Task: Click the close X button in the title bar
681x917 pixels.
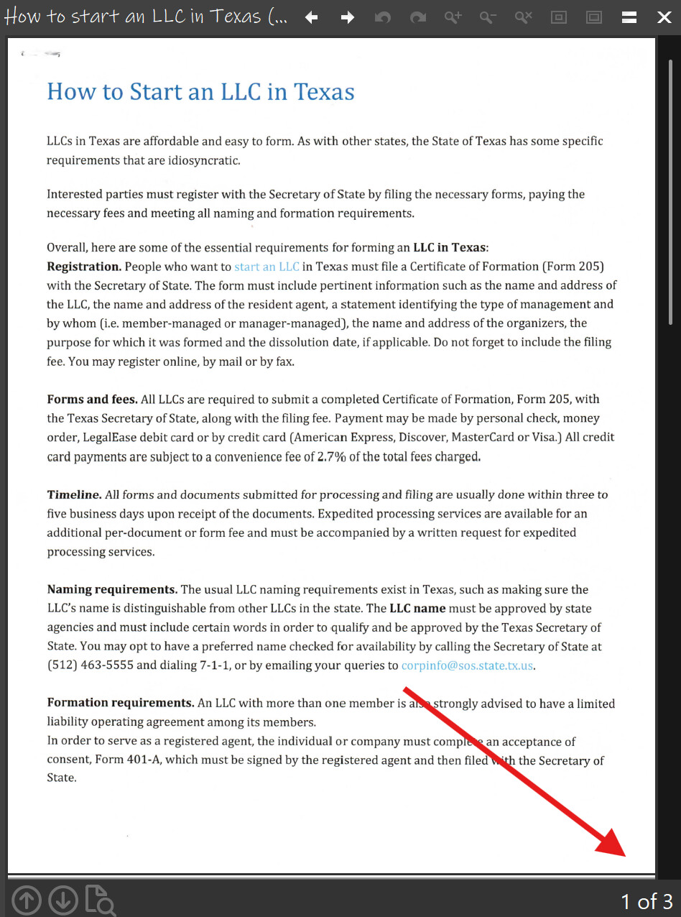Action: click(664, 17)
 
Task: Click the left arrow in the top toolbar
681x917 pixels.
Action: click(312, 17)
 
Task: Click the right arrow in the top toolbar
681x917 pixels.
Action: click(348, 17)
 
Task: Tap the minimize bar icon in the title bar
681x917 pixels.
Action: click(629, 17)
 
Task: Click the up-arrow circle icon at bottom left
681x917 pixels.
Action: click(27, 900)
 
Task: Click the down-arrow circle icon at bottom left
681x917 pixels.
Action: click(63, 900)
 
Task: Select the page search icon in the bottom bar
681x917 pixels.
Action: click(101, 900)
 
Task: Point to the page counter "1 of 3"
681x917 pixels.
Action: click(647, 901)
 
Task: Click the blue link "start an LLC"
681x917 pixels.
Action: click(267, 267)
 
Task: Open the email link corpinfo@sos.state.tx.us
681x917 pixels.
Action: click(467, 665)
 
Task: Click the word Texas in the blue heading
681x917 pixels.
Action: click(324, 92)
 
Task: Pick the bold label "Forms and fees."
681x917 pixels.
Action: click(92, 399)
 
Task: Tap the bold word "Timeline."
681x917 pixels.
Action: click(74, 494)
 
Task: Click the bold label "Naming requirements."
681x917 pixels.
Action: click(112, 589)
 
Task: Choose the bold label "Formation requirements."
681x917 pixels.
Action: click(121, 703)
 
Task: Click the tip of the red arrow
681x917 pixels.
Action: click(625, 855)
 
